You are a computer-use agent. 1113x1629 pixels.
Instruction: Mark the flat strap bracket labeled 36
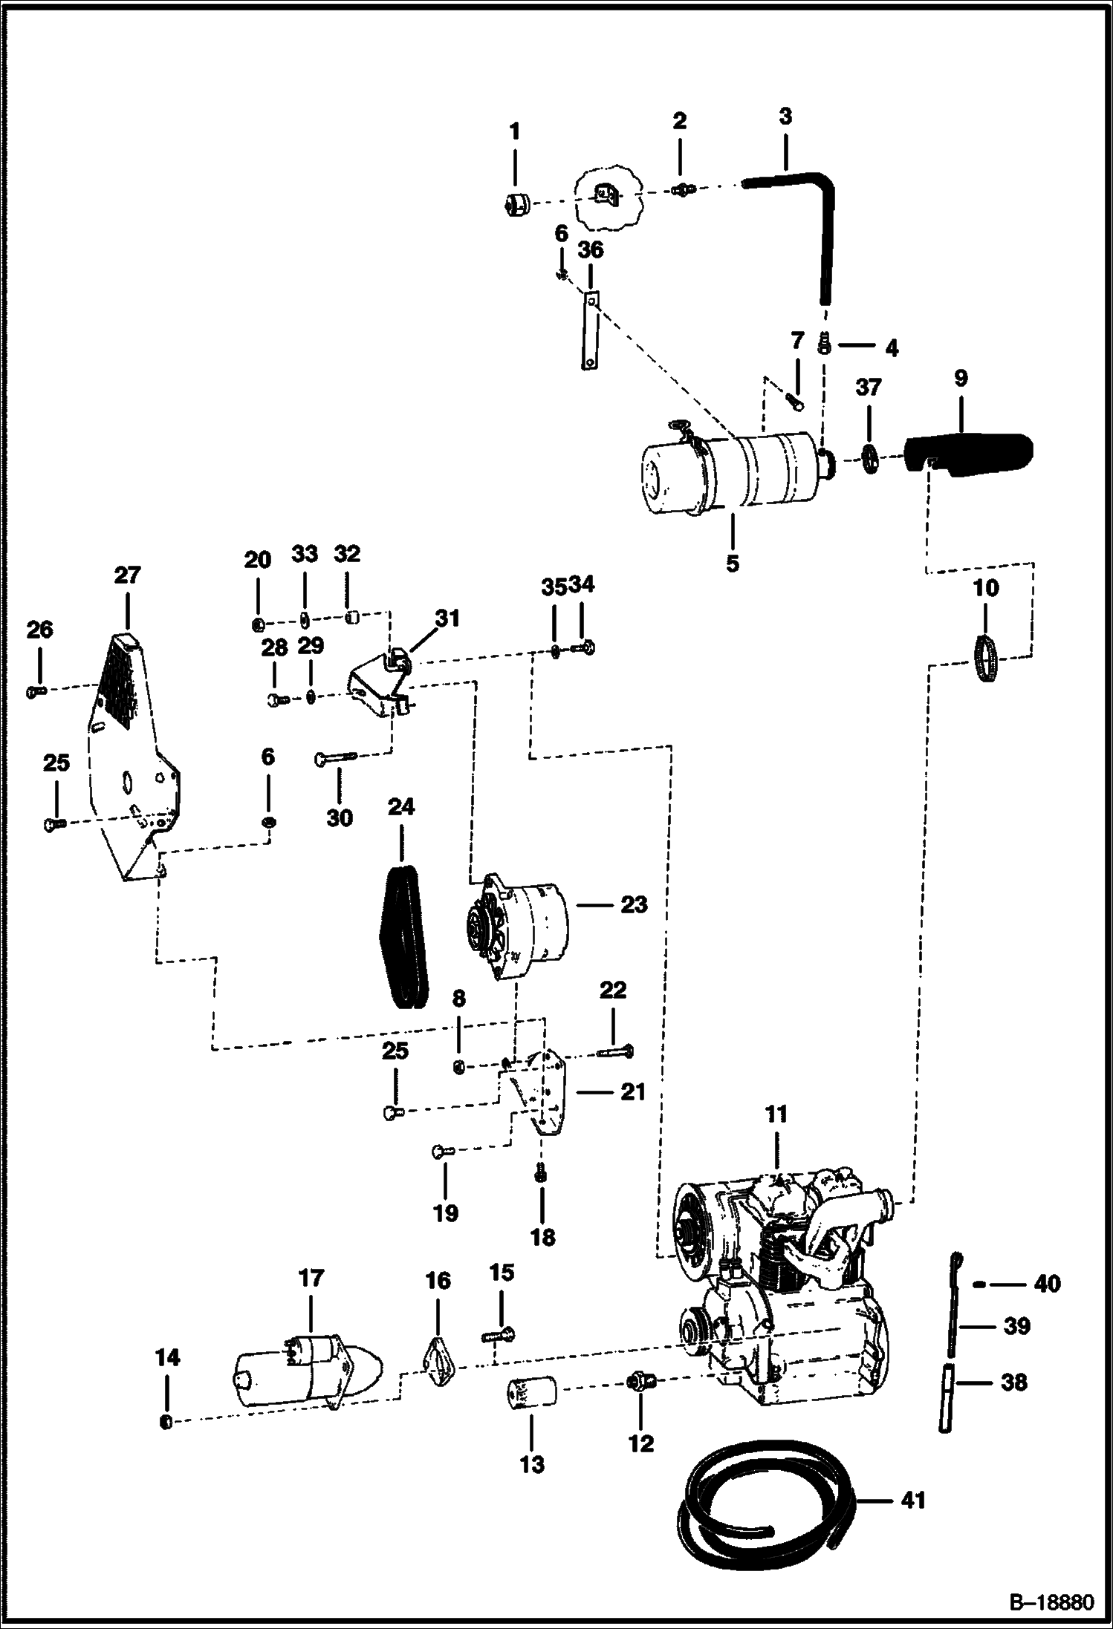(590, 330)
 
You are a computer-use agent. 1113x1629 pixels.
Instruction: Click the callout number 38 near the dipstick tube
(1014, 1382)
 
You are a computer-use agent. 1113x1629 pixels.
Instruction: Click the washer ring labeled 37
(867, 458)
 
